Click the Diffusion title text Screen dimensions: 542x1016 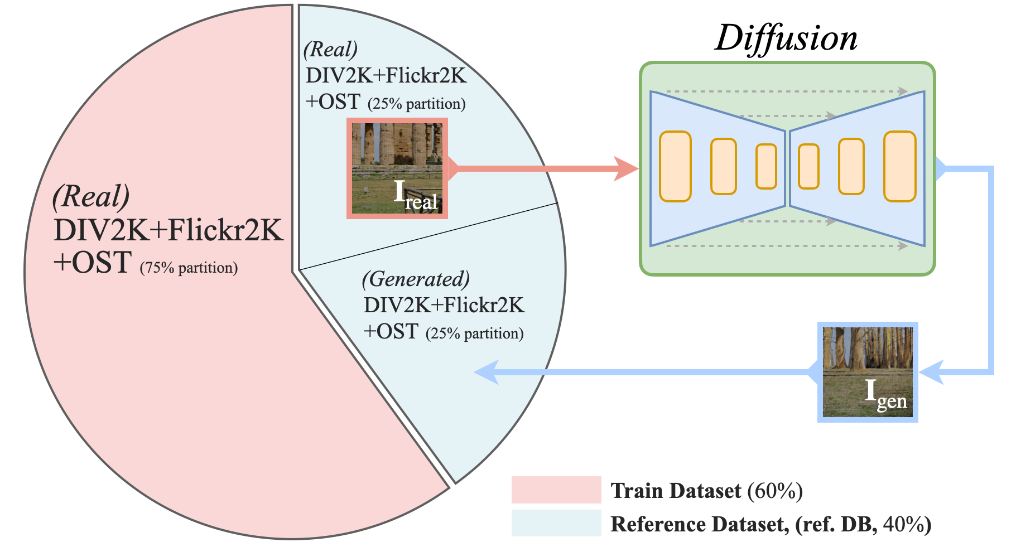pos(786,38)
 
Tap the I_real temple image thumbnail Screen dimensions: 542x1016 pos(397,168)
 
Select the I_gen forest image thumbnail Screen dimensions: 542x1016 pos(868,372)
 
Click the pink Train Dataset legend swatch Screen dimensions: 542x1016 pos(556,490)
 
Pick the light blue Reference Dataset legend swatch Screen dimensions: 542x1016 pos(556,523)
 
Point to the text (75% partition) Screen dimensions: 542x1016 pos(189,268)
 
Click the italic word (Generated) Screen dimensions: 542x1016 pos(416,279)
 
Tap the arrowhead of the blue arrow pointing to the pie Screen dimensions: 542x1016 pos(485,372)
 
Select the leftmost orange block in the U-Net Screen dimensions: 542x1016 pos(675,166)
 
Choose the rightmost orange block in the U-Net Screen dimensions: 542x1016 pos(899,166)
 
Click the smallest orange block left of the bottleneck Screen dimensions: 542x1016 pos(766,166)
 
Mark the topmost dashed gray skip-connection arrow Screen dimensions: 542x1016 pos(787,91)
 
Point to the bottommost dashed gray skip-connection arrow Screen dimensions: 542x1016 pos(787,245)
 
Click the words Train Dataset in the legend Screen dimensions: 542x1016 pos(676,491)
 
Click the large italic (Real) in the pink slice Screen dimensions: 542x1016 pos(91,196)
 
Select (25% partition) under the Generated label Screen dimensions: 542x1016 pos(474,333)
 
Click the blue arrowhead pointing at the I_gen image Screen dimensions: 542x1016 pos(931,372)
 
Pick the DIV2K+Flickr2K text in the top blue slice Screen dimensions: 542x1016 pos(386,75)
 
